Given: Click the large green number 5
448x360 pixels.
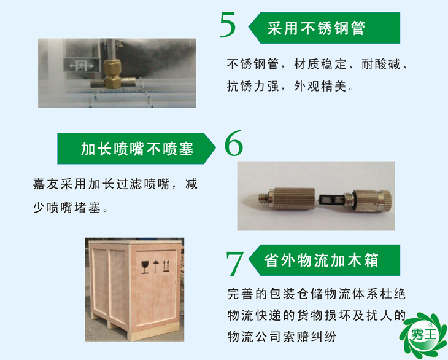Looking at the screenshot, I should coord(228,26).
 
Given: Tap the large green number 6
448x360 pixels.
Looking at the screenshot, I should coord(234,144).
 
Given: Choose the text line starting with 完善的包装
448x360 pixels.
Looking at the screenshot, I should coord(316,295).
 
